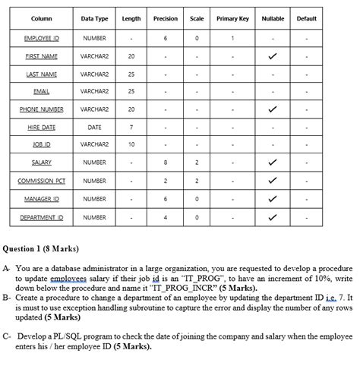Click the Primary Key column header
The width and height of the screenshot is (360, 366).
[232, 18]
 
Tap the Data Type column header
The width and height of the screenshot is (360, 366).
[95, 18]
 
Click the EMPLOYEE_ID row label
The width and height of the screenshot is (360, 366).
[42, 37]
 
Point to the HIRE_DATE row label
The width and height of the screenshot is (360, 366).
[42, 127]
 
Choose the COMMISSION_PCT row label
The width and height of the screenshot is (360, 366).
[42, 181]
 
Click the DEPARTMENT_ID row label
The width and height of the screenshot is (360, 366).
[42, 217]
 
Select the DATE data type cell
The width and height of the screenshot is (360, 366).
[95, 127]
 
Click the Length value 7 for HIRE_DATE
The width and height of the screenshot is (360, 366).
[131, 127]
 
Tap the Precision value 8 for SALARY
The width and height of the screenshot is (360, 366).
[166, 162]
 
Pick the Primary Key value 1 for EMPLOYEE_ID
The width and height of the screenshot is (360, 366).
[232, 37]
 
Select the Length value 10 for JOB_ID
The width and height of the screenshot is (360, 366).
[131, 144]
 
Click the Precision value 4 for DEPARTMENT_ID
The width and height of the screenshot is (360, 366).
[166, 217]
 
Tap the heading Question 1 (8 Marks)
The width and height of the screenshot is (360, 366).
[42, 249]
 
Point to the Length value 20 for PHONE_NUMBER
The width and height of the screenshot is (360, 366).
[131, 109]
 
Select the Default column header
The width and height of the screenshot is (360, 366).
[307, 18]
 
